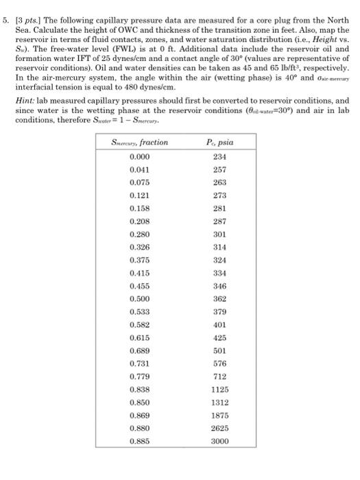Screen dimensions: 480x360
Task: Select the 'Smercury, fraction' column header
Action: [x=140, y=143]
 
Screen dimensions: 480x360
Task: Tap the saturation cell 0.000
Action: [x=140, y=156]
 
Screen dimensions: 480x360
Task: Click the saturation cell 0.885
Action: [x=140, y=442]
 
